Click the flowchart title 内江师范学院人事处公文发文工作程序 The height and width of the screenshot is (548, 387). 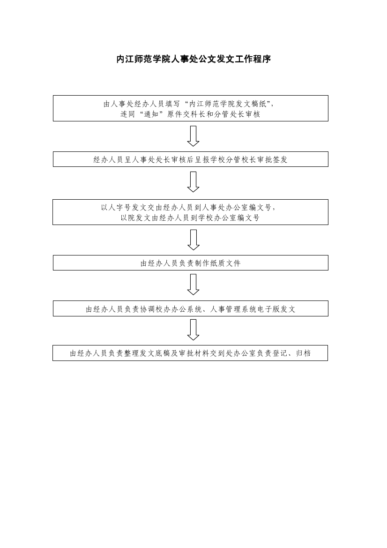[x=193, y=59]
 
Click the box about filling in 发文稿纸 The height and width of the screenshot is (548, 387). [x=191, y=108]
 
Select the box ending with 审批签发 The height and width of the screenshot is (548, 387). [x=191, y=159]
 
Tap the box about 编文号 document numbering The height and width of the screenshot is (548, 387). [x=191, y=212]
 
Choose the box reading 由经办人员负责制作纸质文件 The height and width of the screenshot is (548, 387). [x=191, y=263]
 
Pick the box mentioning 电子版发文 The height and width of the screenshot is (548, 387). [x=191, y=308]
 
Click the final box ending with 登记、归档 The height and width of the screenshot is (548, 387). [x=190, y=353]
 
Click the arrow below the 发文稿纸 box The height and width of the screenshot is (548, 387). [x=193, y=136]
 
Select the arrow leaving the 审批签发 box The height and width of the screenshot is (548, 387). [x=193, y=182]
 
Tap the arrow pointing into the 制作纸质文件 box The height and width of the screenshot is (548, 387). [x=193, y=240]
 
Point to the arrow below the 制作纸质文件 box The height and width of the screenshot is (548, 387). [x=193, y=285]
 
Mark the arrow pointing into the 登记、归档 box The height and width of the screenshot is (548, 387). [x=193, y=330]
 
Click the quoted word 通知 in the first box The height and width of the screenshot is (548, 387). [x=152, y=114]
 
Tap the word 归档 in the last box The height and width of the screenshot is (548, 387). [x=303, y=353]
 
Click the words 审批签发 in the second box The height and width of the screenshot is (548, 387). [x=272, y=160]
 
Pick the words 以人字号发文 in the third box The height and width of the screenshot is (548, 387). [x=124, y=208]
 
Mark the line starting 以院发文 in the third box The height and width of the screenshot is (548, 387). [x=190, y=218]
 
